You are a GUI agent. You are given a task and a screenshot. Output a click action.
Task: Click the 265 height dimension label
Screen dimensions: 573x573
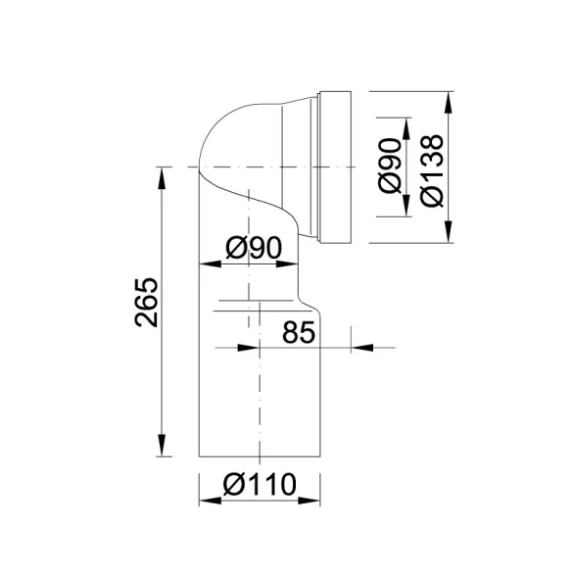click(x=147, y=303)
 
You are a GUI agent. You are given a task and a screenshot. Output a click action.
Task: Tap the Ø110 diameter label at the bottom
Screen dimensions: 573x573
click(x=260, y=484)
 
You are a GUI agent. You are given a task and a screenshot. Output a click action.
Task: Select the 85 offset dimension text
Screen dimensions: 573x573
click(x=299, y=333)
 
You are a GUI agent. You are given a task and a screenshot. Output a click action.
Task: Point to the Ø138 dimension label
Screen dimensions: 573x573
click(x=432, y=171)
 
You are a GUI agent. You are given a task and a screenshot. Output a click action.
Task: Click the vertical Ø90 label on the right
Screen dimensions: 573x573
click(x=390, y=166)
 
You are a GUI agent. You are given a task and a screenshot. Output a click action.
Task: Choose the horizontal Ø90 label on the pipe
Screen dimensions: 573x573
click(x=255, y=248)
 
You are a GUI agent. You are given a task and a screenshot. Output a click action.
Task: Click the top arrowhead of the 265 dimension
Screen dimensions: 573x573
click(x=162, y=178)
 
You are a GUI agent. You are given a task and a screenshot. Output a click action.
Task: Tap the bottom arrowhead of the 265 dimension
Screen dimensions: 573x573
click(x=162, y=446)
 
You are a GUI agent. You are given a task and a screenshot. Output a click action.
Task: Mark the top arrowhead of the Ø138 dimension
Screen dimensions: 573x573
click(x=450, y=102)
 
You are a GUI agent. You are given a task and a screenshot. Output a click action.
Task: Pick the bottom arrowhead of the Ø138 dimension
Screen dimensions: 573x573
click(x=450, y=231)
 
